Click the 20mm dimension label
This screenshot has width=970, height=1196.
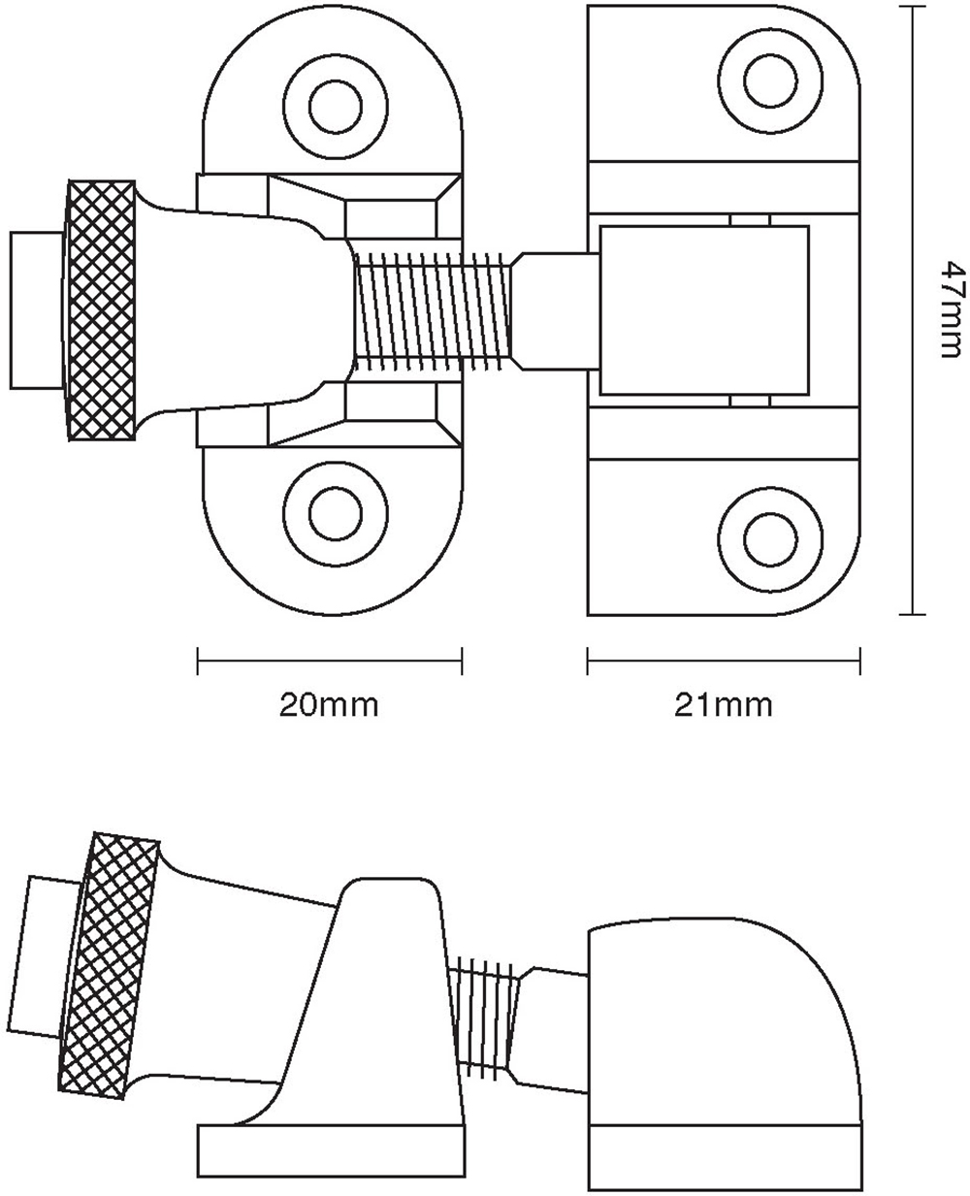(x=328, y=705)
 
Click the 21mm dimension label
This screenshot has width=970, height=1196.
(x=724, y=705)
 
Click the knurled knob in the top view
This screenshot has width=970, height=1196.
(x=101, y=309)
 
